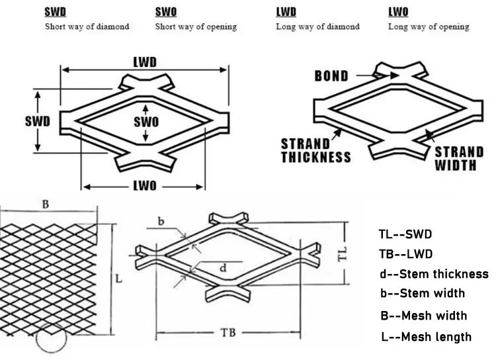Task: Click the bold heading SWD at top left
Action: point(56,12)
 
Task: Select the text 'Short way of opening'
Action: point(196,27)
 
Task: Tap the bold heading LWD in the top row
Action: point(286,12)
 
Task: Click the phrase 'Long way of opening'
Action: point(428,27)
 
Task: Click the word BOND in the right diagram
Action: point(331,76)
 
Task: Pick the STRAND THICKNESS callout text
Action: point(315,151)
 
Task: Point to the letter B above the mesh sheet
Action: point(46,204)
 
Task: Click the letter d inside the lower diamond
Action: point(223,268)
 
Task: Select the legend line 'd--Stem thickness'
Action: point(434,274)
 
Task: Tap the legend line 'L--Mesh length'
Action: point(426,337)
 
